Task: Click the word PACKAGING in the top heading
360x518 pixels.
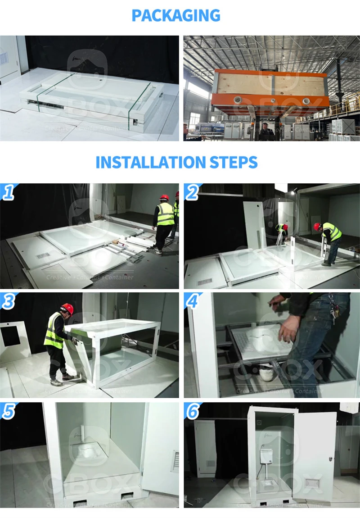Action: click(x=176, y=15)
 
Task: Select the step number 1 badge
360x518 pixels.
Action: click(x=8, y=192)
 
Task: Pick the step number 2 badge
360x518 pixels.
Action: click(x=192, y=192)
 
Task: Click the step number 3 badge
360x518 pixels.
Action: click(x=8, y=301)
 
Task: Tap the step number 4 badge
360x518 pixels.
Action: click(x=192, y=301)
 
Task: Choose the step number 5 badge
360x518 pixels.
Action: click(x=8, y=411)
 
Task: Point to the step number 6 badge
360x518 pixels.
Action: click(x=192, y=411)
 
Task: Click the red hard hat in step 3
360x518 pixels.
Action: click(x=67, y=308)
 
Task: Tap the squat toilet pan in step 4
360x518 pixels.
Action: click(x=259, y=342)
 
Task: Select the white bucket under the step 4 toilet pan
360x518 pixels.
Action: click(x=267, y=373)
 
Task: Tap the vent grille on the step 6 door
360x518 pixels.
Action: click(x=313, y=483)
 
